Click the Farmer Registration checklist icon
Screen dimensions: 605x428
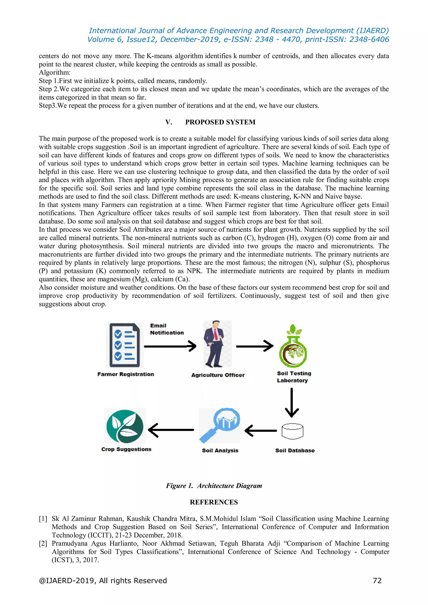(x=125, y=345)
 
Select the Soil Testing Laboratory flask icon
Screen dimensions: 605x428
(x=293, y=346)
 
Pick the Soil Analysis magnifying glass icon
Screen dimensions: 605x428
(x=219, y=425)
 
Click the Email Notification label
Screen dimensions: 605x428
(x=167, y=329)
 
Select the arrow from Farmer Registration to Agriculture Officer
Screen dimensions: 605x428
(x=170, y=346)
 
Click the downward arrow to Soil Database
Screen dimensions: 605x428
(x=292, y=402)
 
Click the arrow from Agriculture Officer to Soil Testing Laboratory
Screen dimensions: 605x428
(x=254, y=346)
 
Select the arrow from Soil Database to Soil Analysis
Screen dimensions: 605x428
(x=261, y=431)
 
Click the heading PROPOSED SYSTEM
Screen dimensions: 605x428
(x=220, y=122)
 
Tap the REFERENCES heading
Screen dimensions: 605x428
(x=214, y=502)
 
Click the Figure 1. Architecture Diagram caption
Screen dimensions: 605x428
(x=214, y=486)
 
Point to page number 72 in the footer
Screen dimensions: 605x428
(x=377, y=581)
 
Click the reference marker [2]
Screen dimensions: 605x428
(x=43, y=543)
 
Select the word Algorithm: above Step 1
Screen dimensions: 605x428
(x=55, y=73)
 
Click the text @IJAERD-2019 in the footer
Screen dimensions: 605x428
(x=67, y=581)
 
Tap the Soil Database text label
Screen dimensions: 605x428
(x=295, y=450)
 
